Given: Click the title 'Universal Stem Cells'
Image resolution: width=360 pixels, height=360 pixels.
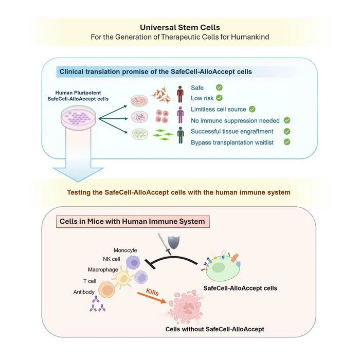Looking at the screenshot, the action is [180, 28].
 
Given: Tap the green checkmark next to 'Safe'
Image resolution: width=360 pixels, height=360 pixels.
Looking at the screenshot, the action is [219, 87].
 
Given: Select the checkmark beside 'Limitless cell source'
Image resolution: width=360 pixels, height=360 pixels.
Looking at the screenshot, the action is [253, 109].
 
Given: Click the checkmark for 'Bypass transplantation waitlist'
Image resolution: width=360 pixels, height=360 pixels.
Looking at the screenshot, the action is [287, 142].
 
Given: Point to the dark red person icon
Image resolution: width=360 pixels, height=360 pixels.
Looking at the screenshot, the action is [180, 94].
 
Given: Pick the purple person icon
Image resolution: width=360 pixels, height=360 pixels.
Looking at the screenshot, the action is [181, 115].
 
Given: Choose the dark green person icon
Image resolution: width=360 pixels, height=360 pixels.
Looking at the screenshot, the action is [181, 135].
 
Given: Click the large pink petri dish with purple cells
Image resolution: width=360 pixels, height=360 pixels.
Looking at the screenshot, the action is [78, 116].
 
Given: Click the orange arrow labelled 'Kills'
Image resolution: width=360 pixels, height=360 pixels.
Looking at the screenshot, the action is [152, 298].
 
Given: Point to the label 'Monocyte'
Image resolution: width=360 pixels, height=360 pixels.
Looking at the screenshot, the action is [125, 250].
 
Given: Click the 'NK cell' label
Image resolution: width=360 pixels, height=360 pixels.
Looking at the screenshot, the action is [112, 259].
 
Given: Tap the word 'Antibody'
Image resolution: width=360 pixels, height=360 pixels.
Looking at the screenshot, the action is [84, 292].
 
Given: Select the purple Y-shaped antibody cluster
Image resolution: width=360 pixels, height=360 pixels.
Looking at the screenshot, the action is [97, 304].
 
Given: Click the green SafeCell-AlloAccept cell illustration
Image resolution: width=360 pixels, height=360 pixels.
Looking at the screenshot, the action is [222, 266].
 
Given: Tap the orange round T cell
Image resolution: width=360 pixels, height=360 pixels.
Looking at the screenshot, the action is [106, 290].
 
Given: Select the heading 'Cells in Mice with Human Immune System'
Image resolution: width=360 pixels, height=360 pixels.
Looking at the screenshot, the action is [132, 221].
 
